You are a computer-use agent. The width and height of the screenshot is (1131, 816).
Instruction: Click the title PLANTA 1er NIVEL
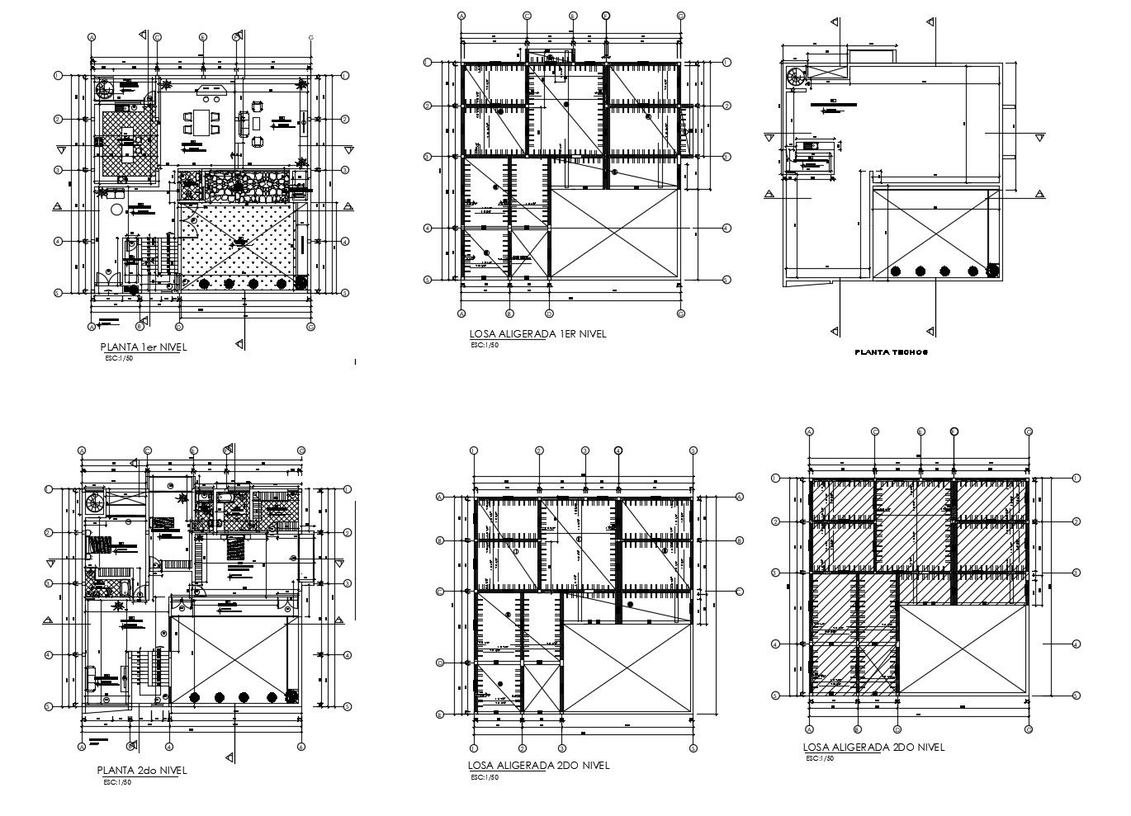point(143,347)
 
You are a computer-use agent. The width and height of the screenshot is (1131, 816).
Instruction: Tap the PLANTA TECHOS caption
point(891,352)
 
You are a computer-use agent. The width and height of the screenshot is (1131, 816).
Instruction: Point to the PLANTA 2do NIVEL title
point(142,771)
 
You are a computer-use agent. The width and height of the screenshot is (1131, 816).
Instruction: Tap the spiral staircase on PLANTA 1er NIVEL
point(105,87)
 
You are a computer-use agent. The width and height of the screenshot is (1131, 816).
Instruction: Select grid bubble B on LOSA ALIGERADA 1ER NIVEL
point(509,314)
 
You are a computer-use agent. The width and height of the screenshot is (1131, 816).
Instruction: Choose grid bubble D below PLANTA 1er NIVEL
point(178,327)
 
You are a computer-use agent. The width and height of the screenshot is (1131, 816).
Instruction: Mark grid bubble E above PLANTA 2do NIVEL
point(193,450)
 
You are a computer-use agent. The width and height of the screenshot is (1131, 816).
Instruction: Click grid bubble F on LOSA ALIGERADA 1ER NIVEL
point(606,15)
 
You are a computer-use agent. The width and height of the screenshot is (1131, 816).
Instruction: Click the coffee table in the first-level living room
point(256,123)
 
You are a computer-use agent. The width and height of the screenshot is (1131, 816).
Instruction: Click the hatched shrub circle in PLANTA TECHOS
point(993,271)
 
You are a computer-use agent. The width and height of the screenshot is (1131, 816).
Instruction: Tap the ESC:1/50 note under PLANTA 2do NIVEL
point(118,782)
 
